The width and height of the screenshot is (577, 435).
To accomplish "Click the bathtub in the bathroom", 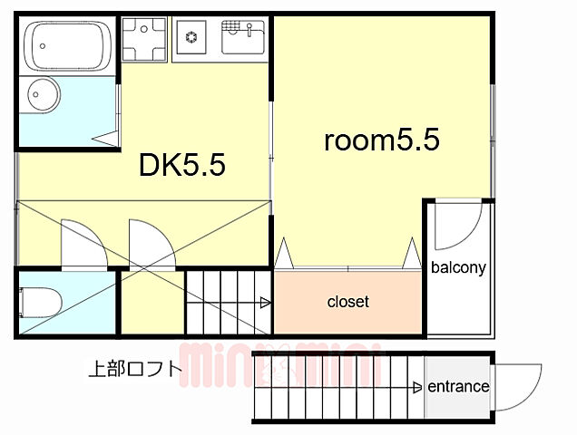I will coord(68,45).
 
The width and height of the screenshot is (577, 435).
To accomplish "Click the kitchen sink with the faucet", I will coord(242,38).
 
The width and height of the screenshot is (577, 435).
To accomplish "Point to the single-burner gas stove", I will coord(192,38).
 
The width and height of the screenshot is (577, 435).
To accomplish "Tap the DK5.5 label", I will coord(181,165).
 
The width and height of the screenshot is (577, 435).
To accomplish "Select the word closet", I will coord(348,302).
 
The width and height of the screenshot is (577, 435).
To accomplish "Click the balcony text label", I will coord(458,267).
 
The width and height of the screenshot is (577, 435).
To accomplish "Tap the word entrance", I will coord(458,387).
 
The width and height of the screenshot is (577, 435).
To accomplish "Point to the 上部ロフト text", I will coord(134,369).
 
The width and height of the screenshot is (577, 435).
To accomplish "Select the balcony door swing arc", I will coord(459,227).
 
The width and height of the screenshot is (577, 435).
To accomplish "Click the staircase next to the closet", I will coord(229,303).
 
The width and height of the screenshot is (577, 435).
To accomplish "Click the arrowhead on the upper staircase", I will coord(265,303).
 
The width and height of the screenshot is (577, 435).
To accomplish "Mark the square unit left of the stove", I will coord(145,38).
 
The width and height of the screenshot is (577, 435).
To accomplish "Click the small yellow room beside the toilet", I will coord(151,302).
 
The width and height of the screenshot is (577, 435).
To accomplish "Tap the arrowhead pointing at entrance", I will coord(418,388).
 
